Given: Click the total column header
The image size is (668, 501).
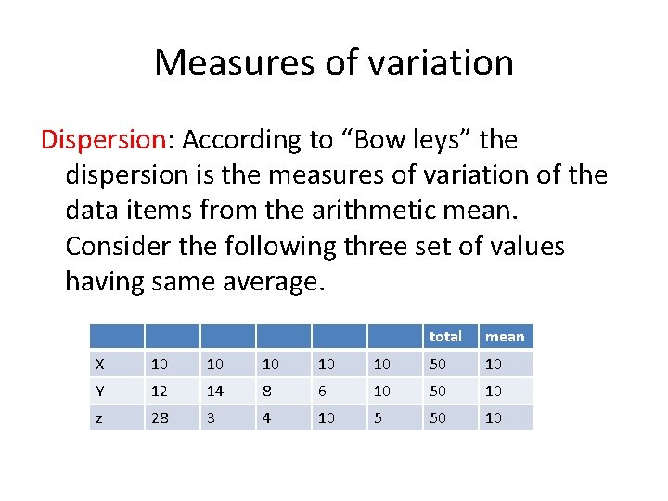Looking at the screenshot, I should coord(445,337).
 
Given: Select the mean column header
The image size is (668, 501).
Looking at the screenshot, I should coord(505,337).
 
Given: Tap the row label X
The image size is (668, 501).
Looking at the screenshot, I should coord(100,364).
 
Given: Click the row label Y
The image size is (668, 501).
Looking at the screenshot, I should coord(100,392).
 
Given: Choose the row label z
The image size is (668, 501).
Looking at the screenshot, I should coord(100,418).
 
